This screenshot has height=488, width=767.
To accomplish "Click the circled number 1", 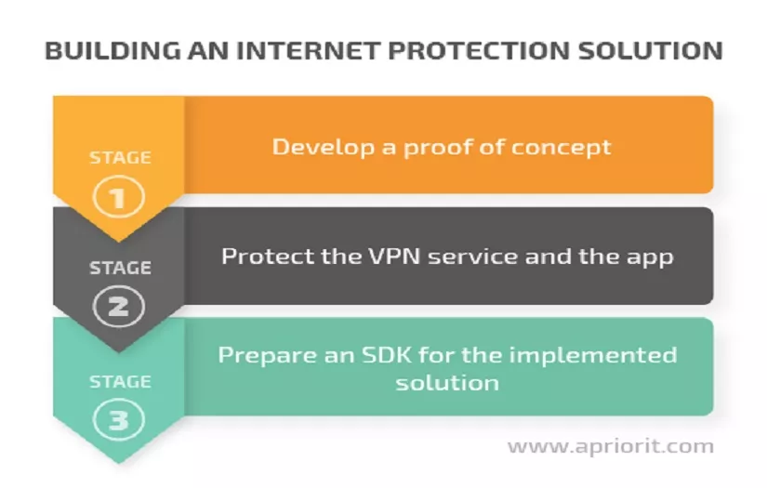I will (x=120, y=196).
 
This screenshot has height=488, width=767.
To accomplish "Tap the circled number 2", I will (x=120, y=307).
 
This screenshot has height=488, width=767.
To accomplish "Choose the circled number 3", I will (x=120, y=420).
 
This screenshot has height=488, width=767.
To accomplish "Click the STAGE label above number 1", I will (x=120, y=157).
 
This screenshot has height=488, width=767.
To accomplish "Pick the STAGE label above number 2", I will (x=120, y=269).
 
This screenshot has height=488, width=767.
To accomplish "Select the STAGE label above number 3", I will (x=120, y=381).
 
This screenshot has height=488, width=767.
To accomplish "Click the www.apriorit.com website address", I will (x=610, y=446).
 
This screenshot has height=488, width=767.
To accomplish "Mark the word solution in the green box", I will (x=447, y=383).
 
